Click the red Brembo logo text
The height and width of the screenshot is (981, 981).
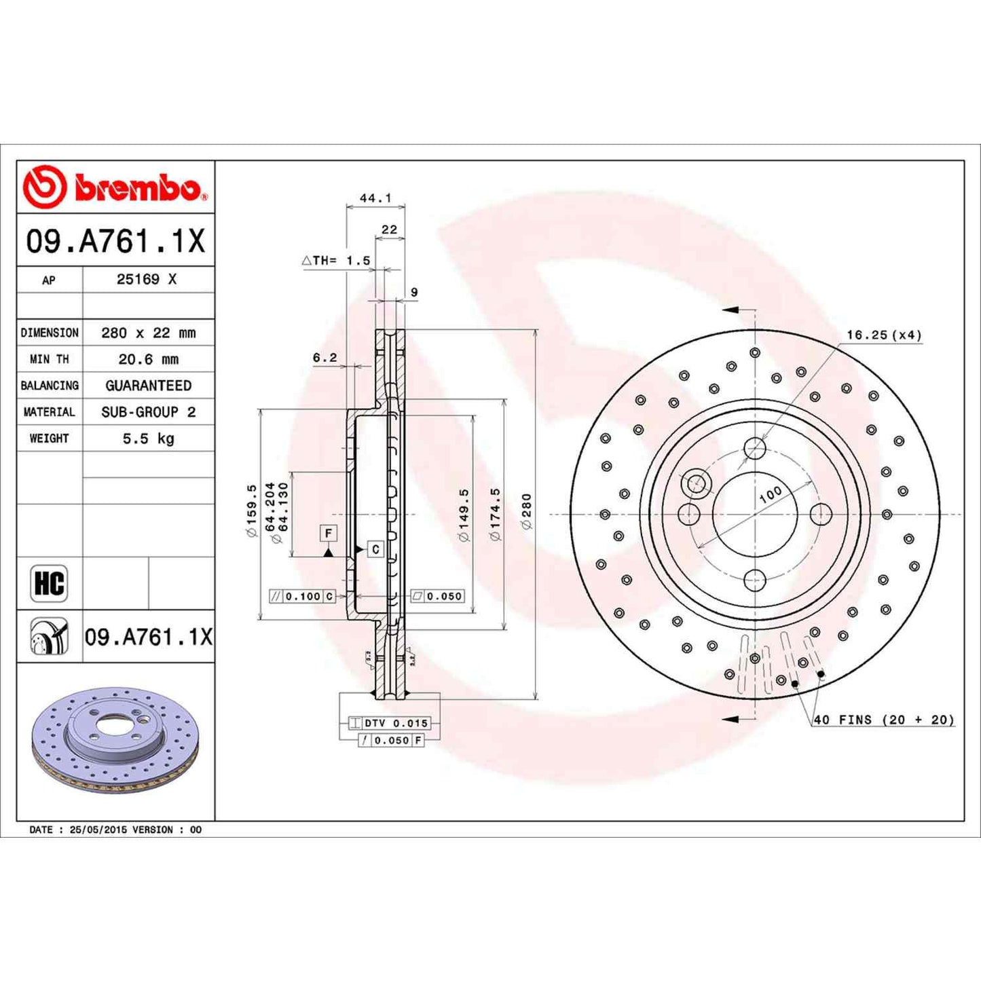136,188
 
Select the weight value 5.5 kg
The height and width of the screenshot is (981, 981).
148,439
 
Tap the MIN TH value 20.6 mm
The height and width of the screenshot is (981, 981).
148,359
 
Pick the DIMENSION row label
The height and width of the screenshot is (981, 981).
50,333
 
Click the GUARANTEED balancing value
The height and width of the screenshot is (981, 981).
148,386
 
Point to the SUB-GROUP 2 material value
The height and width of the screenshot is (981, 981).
148,412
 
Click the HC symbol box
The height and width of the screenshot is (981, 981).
49,583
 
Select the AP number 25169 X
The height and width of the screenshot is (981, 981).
147,279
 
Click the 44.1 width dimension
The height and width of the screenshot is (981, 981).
375,198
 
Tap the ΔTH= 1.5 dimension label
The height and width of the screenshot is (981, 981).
337,261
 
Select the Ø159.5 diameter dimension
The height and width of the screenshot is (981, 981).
252,511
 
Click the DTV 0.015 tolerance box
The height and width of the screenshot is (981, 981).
389,723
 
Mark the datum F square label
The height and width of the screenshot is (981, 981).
329,534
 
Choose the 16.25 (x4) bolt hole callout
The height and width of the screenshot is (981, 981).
883,335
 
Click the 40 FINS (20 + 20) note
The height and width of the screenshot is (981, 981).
883,720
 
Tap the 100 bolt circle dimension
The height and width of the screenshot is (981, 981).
771,495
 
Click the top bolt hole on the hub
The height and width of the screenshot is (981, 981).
755,448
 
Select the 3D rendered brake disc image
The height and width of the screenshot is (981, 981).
115,742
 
